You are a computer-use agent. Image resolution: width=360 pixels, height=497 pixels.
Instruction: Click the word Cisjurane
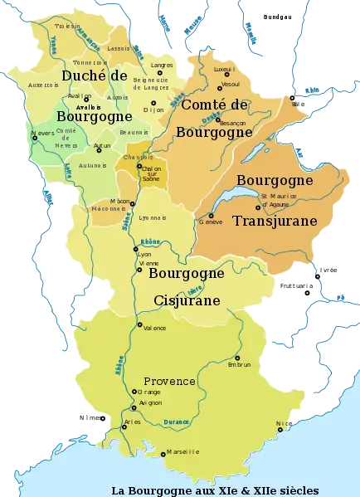click(x=187, y=300)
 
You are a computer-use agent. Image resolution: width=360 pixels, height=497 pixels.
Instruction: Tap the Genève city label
click(x=211, y=222)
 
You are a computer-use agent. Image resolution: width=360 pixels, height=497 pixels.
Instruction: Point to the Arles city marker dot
click(x=122, y=422)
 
